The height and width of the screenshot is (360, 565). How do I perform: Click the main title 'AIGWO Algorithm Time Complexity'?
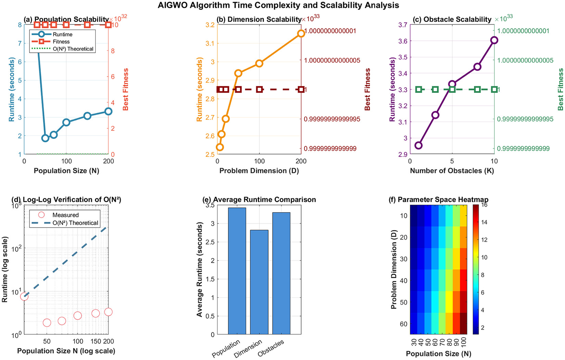(x=278, y=5)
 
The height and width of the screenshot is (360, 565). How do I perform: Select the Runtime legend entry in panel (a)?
(x=62, y=35)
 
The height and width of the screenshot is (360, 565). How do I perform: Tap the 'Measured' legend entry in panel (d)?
(x=65, y=215)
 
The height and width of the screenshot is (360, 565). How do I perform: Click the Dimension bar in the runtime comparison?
(x=259, y=282)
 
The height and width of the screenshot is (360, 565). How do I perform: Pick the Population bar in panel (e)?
(x=237, y=271)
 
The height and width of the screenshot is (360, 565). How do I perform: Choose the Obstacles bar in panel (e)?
(x=281, y=273)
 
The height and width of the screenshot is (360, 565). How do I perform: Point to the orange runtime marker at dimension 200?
(x=301, y=34)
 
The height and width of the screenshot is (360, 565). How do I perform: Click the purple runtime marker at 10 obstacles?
(x=494, y=40)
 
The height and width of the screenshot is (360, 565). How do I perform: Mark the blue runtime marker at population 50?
(x=45, y=138)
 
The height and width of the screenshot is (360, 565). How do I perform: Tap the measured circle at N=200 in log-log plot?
(x=108, y=312)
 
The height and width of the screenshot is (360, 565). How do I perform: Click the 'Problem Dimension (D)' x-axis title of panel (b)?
(x=259, y=171)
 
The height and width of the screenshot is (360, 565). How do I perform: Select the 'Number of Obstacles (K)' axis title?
(x=452, y=171)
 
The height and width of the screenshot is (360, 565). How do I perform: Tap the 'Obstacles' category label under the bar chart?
(x=271, y=348)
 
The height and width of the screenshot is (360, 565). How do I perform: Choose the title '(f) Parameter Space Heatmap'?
(x=438, y=200)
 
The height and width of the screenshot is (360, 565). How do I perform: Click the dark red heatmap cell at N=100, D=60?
(x=463, y=323)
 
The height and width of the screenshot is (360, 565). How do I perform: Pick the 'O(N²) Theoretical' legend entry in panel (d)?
(x=75, y=223)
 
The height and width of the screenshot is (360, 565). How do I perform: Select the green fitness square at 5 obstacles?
(x=452, y=90)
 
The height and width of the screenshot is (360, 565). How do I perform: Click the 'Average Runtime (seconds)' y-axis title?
(x=199, y=269)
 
